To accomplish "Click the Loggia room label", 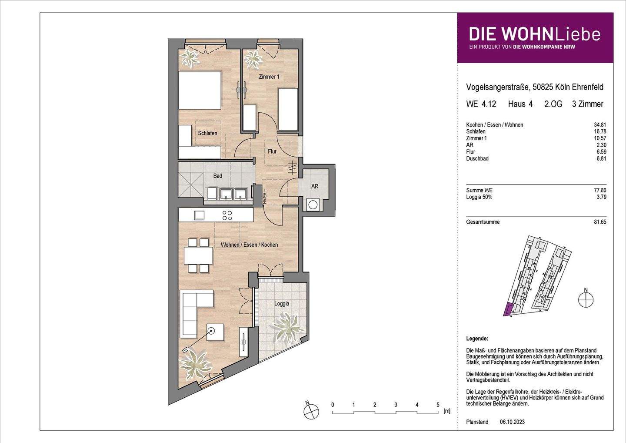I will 282,304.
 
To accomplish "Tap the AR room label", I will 315,186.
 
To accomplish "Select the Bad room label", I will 217,176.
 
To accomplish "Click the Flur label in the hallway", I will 272,152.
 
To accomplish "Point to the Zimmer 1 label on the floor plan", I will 269,77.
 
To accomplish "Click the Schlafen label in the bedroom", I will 207,133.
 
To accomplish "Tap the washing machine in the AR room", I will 313,204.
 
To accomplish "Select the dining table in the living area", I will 198,255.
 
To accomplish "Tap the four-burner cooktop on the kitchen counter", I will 227,215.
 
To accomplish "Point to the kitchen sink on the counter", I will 199,215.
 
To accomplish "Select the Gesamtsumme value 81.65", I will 600,222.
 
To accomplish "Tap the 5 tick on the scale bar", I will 438,405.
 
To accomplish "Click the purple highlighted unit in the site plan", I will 507,309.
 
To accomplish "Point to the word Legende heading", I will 477,339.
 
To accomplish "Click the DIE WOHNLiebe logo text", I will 534,34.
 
